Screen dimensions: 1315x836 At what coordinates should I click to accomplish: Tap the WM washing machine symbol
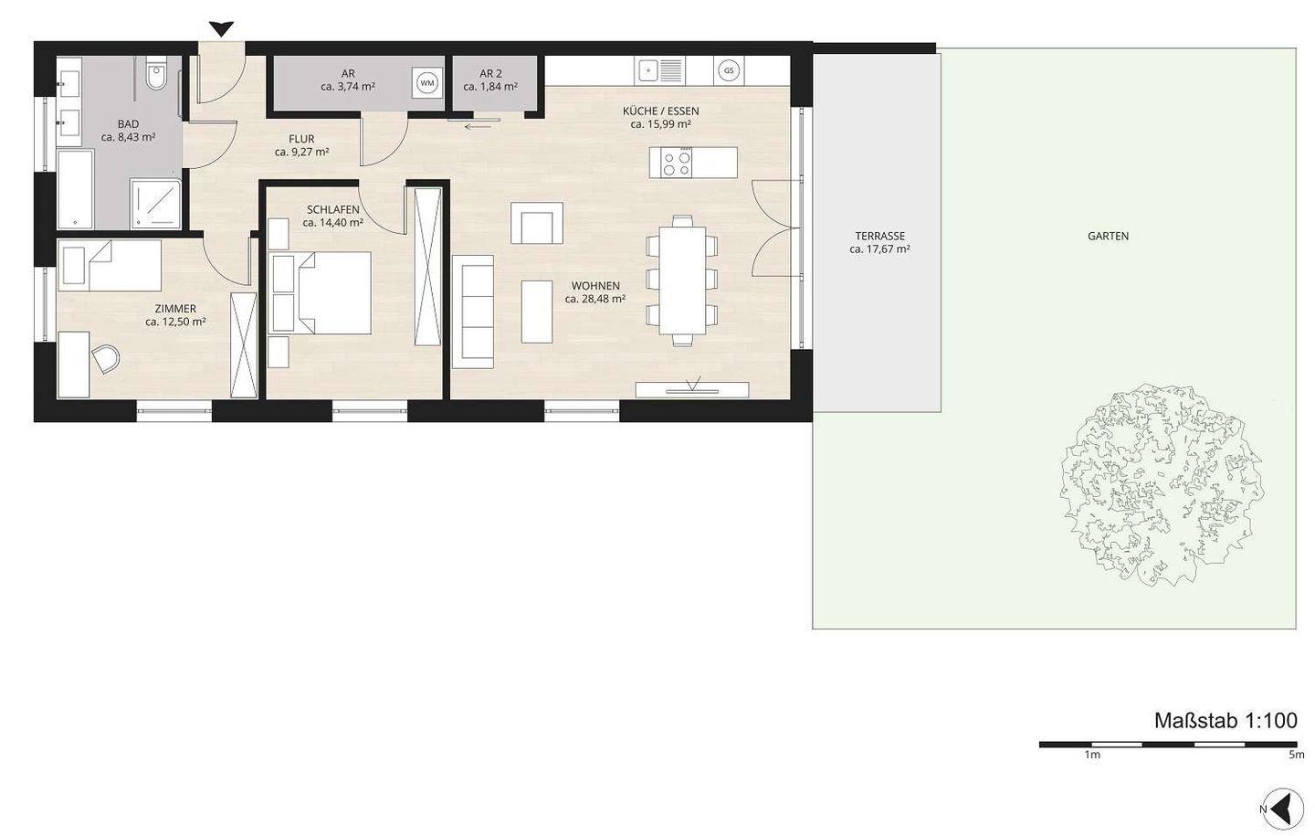pos(426,83)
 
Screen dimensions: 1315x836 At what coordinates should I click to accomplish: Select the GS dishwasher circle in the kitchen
pos(729,71)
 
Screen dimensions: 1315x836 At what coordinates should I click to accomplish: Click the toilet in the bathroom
pos(156,73)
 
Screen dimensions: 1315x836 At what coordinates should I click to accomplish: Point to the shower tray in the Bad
pos(155,203)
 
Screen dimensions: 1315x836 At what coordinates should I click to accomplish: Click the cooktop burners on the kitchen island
pos(677,163)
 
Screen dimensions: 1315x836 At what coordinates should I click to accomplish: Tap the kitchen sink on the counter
pos(660,70)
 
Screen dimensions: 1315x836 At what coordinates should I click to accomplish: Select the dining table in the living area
pos(681,280)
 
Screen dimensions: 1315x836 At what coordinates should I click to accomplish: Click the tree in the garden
pos(1162,486)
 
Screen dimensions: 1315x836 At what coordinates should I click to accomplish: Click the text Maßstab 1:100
pos(1226,720)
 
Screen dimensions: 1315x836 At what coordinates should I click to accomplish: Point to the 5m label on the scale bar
pos(1297,755)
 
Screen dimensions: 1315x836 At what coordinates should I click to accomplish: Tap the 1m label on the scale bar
pos(1092,755)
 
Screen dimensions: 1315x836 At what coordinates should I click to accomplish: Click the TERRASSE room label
pos(879,236)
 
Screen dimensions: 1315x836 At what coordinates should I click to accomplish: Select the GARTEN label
pos(1108,236)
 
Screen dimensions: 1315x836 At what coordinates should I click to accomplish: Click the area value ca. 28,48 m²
pos(594,299)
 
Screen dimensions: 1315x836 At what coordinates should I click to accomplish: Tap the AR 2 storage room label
pos(490,74)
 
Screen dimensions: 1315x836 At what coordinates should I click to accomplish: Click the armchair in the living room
pos(537,223)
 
